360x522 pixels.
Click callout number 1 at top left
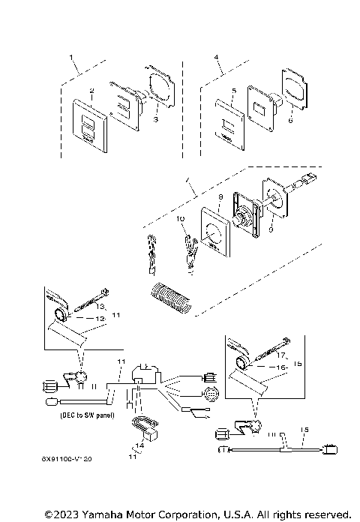[71, 57]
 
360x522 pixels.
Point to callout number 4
[216, 57]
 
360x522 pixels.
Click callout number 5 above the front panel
[234, 91]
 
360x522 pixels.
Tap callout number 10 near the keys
[180, 219]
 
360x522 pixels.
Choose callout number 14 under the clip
[139, 445]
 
